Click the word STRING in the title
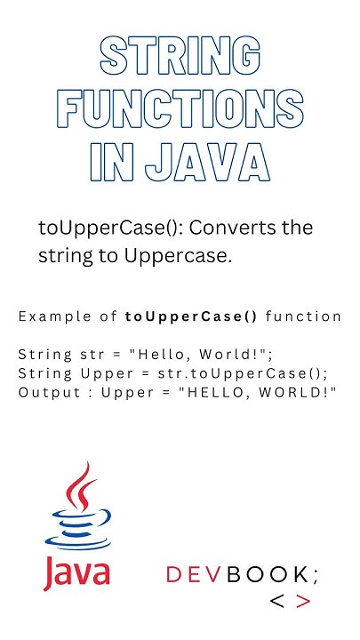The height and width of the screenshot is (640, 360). pos(180,59)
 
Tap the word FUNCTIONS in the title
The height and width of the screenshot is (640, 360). pos(180,111)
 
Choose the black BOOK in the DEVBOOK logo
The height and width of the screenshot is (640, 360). pos(267,575)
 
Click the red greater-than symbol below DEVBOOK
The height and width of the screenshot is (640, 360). pos(304,601)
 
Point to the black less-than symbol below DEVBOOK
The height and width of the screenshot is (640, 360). pos(277,601)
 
